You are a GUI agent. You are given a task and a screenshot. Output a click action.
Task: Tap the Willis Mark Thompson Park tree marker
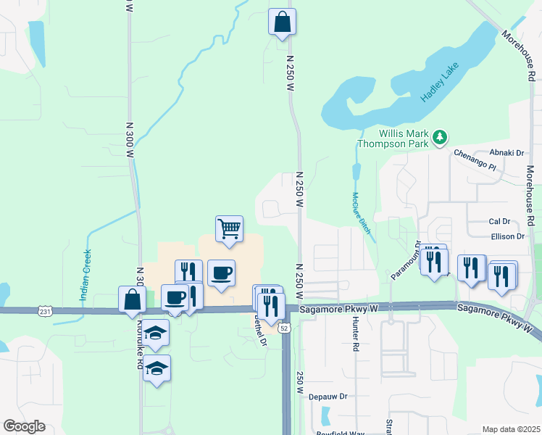point(439,137)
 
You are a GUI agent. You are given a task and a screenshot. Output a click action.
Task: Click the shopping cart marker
point(230,229)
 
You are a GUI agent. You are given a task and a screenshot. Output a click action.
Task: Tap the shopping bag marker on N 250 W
point(283,22)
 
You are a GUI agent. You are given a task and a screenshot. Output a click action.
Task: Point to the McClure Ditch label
point(360,212)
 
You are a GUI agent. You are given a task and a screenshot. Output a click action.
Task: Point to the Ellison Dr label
point(506,236)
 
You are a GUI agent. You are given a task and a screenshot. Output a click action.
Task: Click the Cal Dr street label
point(499,221)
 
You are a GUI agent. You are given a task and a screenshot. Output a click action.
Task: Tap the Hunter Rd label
point(356,337)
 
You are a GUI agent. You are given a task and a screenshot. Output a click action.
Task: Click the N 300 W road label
point(130,144)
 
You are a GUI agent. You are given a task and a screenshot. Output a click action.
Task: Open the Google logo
point(24,426)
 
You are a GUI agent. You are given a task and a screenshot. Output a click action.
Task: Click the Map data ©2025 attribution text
point(511,429)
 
